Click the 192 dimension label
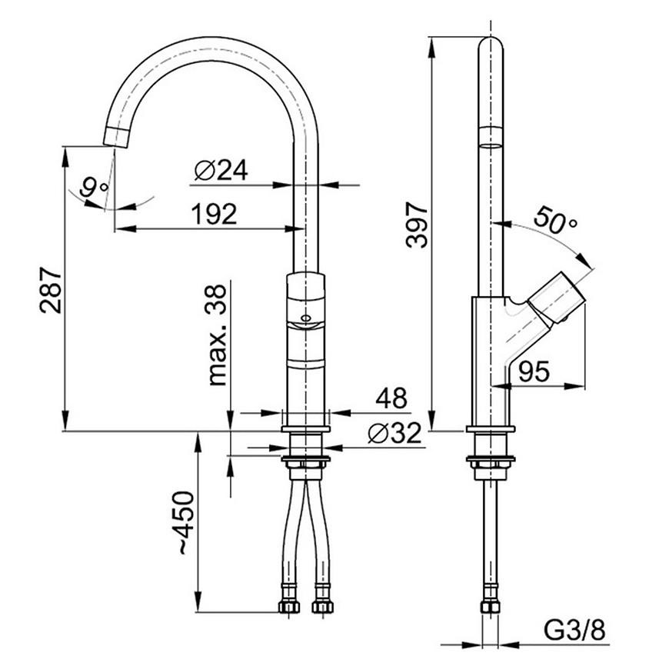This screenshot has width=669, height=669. click(x=214, y=214)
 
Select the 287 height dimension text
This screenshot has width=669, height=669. click(x=52, y=290)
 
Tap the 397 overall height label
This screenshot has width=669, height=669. click(x=417, y=225)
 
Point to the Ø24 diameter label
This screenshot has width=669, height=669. click(x=221, y=170)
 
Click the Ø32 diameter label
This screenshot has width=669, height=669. click(x=394, y=434)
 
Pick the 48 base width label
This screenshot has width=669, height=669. click(x=391, y=398)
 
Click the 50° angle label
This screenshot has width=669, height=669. click(x=555, y=220)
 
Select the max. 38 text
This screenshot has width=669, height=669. click(x=217, y=335)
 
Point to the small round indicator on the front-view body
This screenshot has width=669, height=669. click(x=305, y=318)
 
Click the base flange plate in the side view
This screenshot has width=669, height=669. click(x=491, y=429)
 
